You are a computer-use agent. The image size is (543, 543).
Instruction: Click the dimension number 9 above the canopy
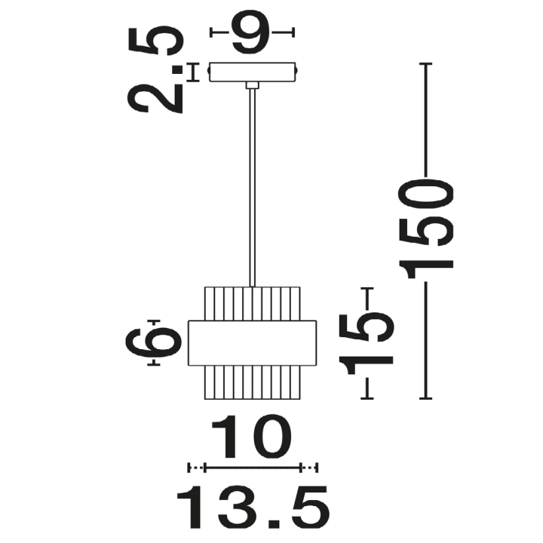250,32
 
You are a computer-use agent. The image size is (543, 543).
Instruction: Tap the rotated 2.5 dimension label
155,69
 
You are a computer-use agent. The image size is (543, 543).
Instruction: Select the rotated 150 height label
425,229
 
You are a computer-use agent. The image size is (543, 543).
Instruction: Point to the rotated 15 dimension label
367,344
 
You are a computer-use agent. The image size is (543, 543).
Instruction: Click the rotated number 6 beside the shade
153,342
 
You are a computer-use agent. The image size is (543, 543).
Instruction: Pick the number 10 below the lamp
252,436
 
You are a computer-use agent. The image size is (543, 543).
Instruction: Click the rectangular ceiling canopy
253,72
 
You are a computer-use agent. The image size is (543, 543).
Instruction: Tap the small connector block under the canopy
253,85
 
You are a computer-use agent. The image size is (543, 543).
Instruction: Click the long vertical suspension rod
253,188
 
